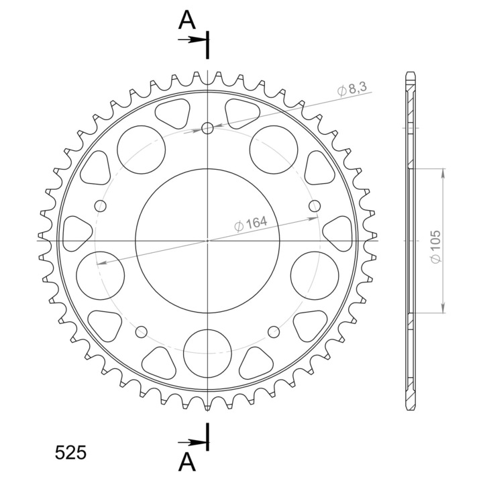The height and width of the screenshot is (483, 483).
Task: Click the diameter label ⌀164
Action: (251, 223)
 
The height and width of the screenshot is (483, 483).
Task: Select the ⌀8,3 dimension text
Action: (352, 89)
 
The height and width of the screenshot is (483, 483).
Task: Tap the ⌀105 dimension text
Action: (436, 247)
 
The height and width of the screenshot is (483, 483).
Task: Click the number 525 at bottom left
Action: (70, 453)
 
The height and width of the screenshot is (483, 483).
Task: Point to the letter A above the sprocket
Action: (187, 19)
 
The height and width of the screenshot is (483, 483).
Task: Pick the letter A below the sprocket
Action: (187, 462)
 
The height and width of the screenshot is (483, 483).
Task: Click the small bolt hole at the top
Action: (207, 128)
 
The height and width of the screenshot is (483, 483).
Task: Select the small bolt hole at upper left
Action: (100, 206)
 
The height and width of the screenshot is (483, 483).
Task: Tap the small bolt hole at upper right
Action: (315, 206)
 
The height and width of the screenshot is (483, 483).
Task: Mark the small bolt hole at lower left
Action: (142, 332)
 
